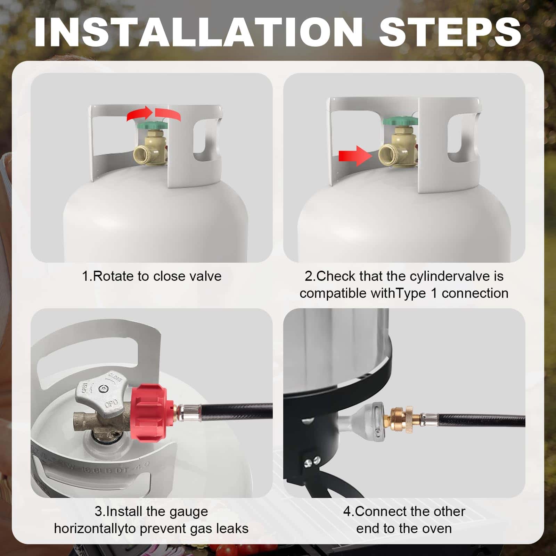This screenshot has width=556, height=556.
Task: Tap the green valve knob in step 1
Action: (x=152, y=125)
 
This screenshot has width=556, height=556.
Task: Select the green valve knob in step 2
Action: (x=400, y=121)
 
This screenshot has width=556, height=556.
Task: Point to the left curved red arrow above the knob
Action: (x=139, y=114)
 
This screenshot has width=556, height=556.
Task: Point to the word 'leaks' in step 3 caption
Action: (x=232, y=529)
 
